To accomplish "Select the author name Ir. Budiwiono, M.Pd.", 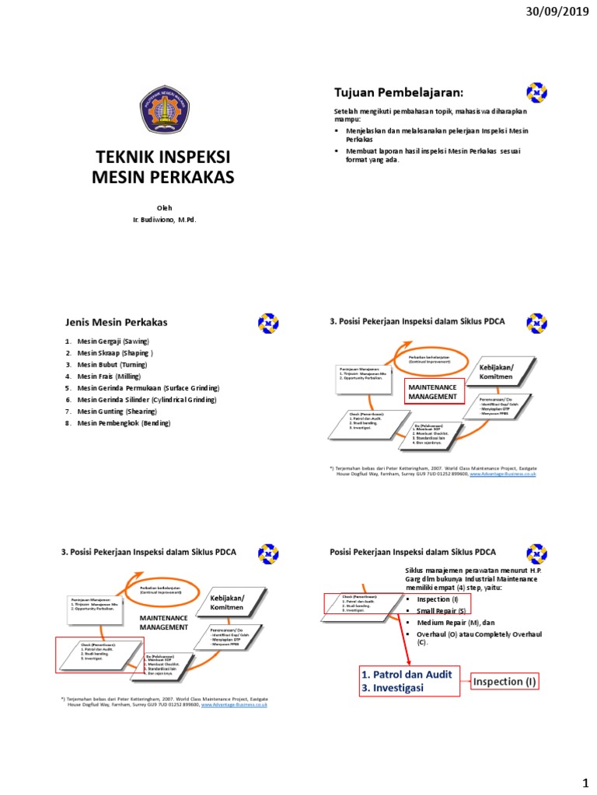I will (164, 220).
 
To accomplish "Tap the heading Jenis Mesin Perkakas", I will (116, 322).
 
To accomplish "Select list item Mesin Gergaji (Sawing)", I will (113, 341).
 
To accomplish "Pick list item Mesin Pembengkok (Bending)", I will (123, 423).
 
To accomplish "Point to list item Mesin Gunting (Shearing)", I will (116, 411).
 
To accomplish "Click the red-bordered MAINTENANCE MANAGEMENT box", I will (431, 391).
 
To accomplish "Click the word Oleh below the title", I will (164, 207).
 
